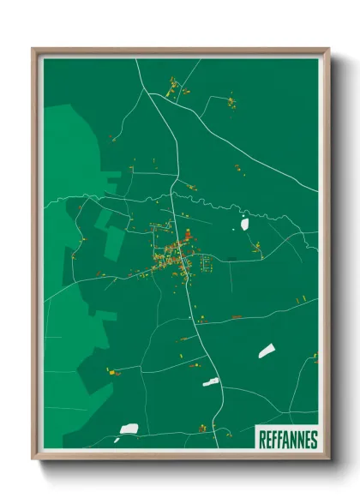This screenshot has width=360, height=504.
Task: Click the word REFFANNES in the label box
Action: (288, 439)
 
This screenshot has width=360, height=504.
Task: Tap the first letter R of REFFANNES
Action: (262, 439)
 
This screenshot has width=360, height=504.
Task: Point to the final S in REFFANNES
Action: (314, 439)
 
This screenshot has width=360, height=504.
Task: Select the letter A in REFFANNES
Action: (285, 439)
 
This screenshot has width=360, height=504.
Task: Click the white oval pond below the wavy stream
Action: (244, 224)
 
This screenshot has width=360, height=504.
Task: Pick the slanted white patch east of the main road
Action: (267, 351)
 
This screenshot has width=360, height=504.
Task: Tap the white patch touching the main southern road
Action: (211, 381)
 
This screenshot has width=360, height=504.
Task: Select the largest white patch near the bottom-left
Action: (129, 428)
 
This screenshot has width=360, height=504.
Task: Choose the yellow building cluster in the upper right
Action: (231, 104)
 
